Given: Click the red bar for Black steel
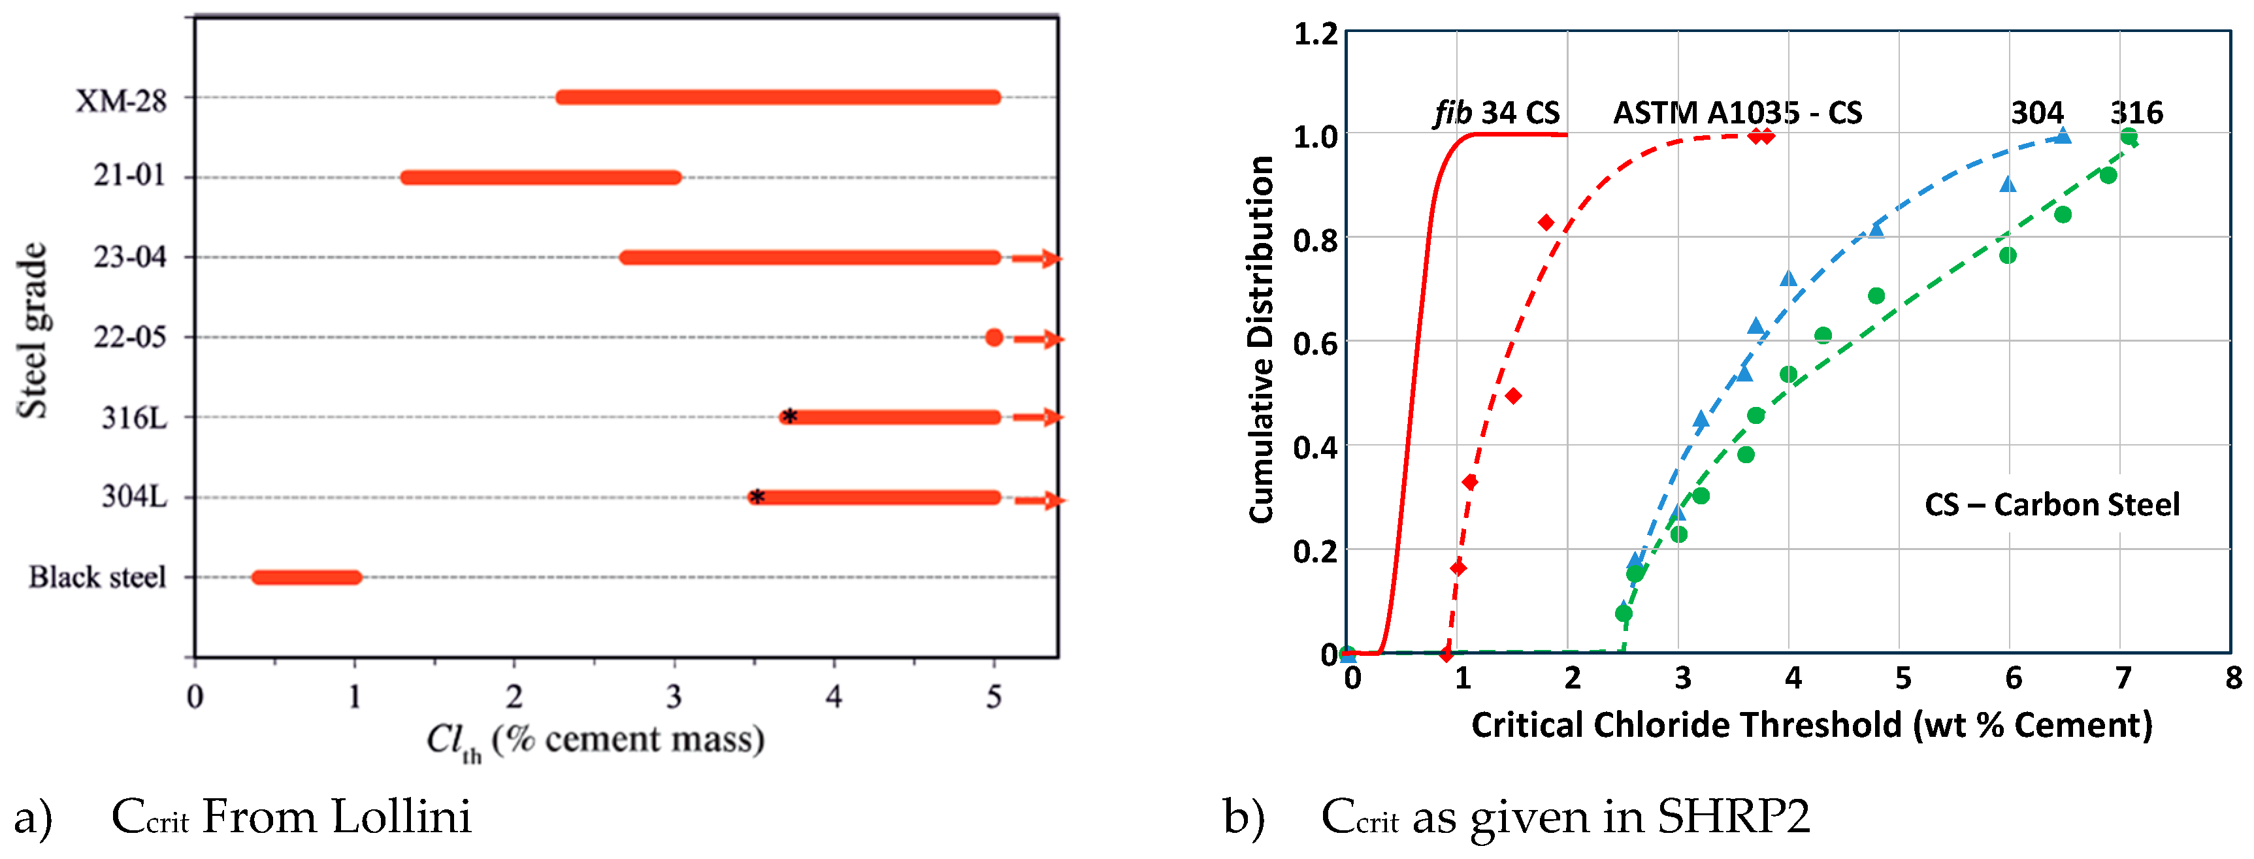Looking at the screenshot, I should coord(306,577).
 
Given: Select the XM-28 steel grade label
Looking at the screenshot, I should coord(121,101).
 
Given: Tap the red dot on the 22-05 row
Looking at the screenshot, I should coord(993,338).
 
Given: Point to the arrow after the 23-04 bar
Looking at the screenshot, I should coord(1037,259).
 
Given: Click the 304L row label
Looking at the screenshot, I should coord(134,497).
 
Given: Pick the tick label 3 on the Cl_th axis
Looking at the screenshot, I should coord(673,697).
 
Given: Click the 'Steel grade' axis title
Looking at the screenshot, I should coord(33,331).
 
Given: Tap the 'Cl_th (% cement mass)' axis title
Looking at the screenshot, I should coord(595,740).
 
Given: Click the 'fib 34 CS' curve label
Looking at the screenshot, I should coord(1496,113).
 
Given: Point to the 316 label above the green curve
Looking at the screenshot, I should coord(2136,113).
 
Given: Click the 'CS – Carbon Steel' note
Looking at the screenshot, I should coord(2052,505).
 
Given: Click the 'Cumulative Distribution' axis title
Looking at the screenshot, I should coord(1261,340).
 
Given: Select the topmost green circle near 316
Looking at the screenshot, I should coord(2129,137).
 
